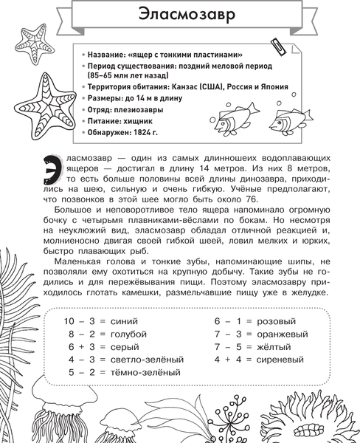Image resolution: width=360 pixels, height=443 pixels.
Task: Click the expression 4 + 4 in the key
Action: [227, 359]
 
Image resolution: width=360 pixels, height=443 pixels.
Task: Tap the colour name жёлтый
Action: [276, 346]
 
